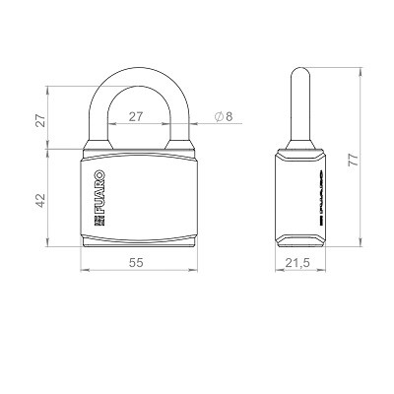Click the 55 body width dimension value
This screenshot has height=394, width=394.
[x=136, y=263]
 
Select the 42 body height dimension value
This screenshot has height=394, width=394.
[x=40, y=200]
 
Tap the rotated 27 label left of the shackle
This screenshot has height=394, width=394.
[x=40, y=120]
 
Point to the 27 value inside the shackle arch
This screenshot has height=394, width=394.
[x=136, y=116]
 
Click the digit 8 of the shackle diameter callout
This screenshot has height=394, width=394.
[x=229, y=116]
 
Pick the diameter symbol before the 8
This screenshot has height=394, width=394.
[x=219, y=116]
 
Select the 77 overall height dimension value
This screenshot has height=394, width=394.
[x=354, y=160]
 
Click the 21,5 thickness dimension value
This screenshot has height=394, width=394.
[x=297, y=263]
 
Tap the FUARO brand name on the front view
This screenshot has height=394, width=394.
[x=99, y=192]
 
